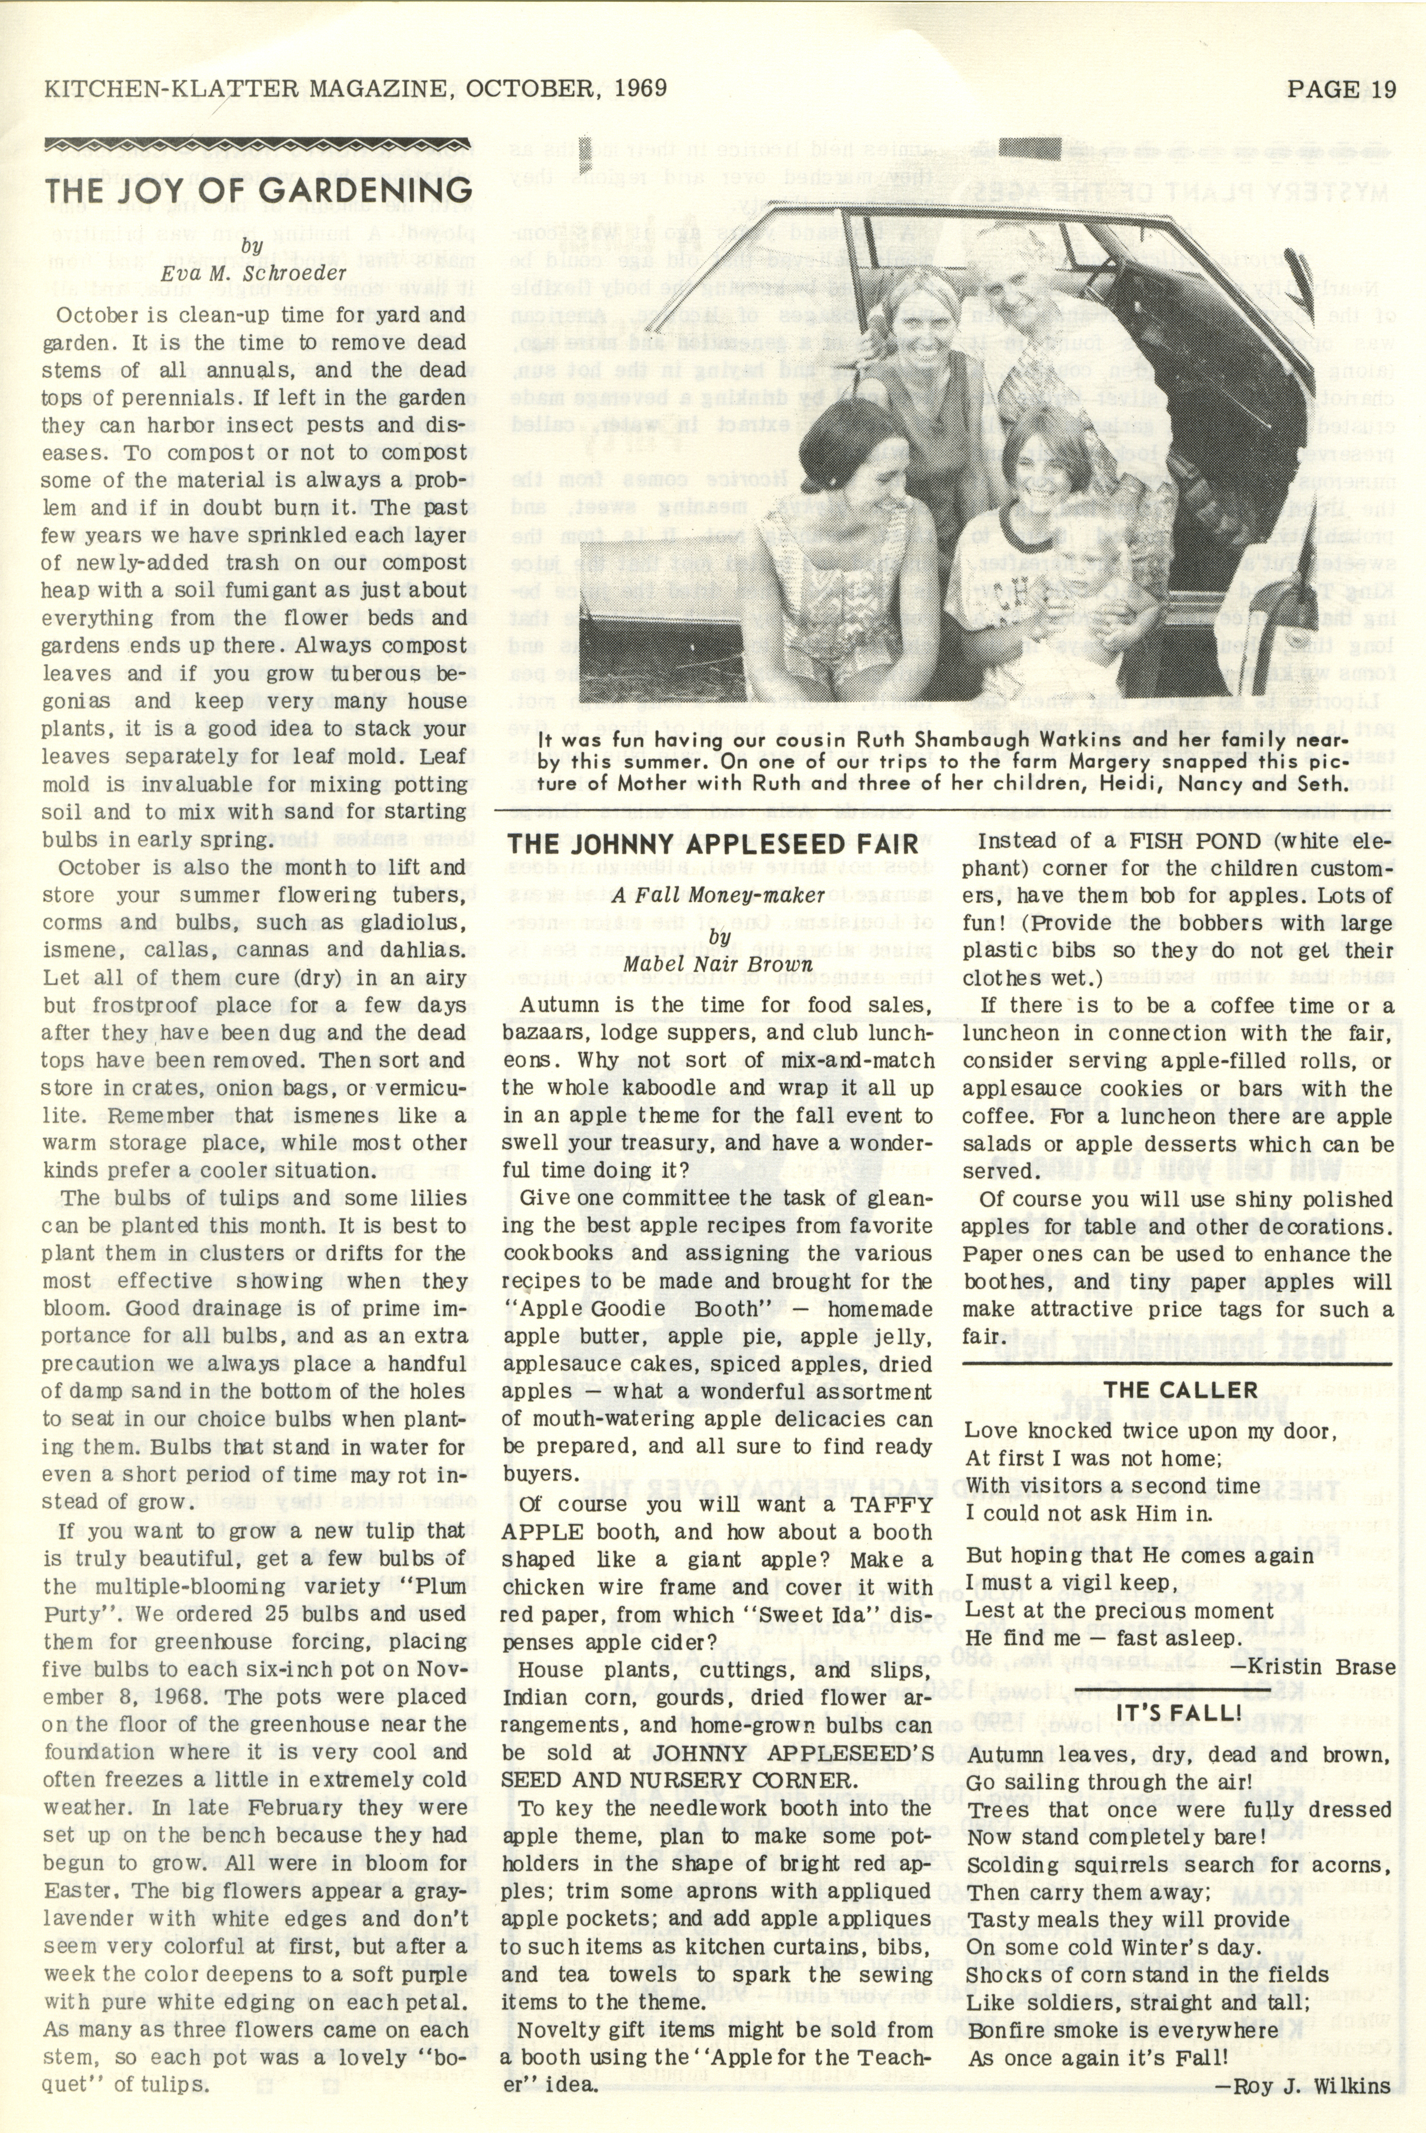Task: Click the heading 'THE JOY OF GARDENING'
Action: [x=258, y=191]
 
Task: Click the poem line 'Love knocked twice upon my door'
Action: [x=1151, y=1431]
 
